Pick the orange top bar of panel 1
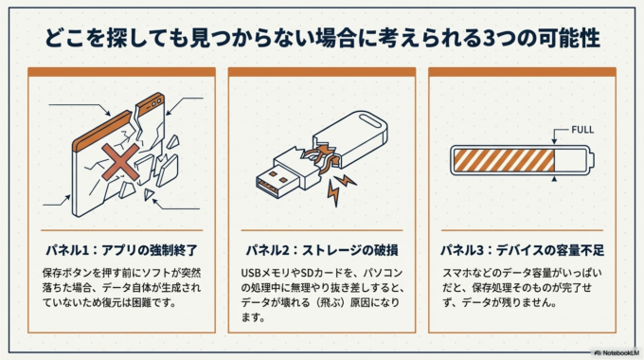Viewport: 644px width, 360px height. click(x=121, y=72)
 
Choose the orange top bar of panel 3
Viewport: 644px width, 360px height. click(x=522, y=72)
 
